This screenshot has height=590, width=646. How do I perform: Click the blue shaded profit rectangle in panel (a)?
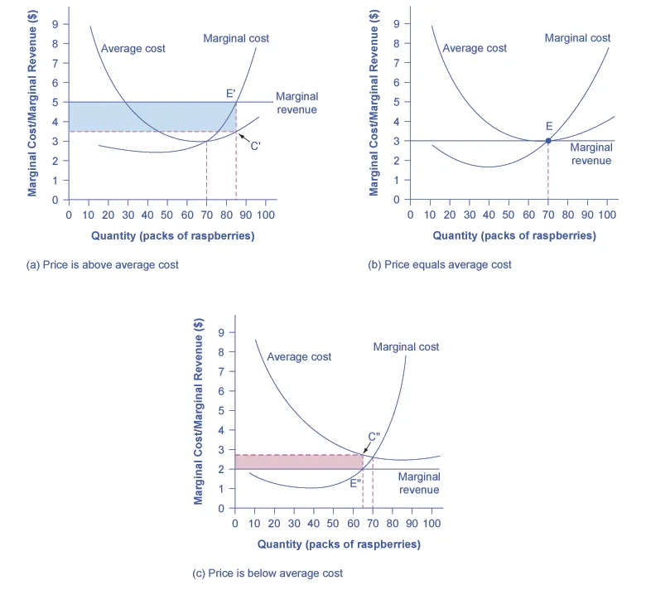pyautogui.click(x=149, y=116)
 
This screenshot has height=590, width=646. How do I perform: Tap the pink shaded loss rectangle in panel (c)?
pyautogui.click(x=298, y=462)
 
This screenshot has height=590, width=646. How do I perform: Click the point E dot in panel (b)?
pyautogui.click(x=548, y=141)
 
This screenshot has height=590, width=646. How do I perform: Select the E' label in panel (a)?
pyautogui.click(x=231, y=94)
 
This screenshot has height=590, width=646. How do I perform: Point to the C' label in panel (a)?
pyautogui.click(x=256, y=145)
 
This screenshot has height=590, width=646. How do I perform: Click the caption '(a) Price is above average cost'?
pyautogui.click(x=103, y=265)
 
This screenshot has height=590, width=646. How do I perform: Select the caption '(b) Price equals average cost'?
pyautogui.click(x=440, y=265)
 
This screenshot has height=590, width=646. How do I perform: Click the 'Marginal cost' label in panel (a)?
pyautogui.click(x=236, y=38)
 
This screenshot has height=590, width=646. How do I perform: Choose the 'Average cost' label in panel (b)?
pyautogui.click(x=475, y=48)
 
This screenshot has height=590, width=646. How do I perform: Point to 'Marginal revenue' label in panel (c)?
pyautogui.click(x=419, y=483)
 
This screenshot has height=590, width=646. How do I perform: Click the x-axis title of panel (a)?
pyautogui.click(x=172, y=235)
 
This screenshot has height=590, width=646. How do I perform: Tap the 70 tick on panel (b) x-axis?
pyautogui.click(x=548, y=214)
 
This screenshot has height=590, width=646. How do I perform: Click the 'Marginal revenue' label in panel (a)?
pyautogui.click(x=296, y=103)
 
